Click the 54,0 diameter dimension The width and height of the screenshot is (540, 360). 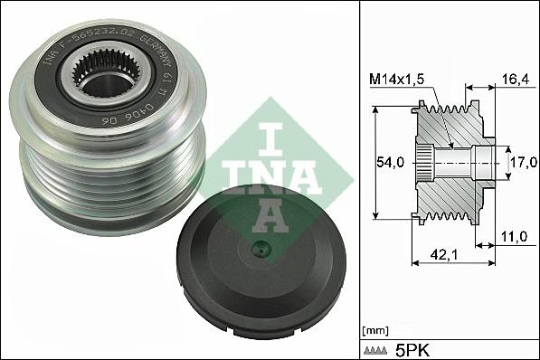[389, 163]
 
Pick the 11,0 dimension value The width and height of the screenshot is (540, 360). [514, 238]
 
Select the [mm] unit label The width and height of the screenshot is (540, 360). [374, 328]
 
